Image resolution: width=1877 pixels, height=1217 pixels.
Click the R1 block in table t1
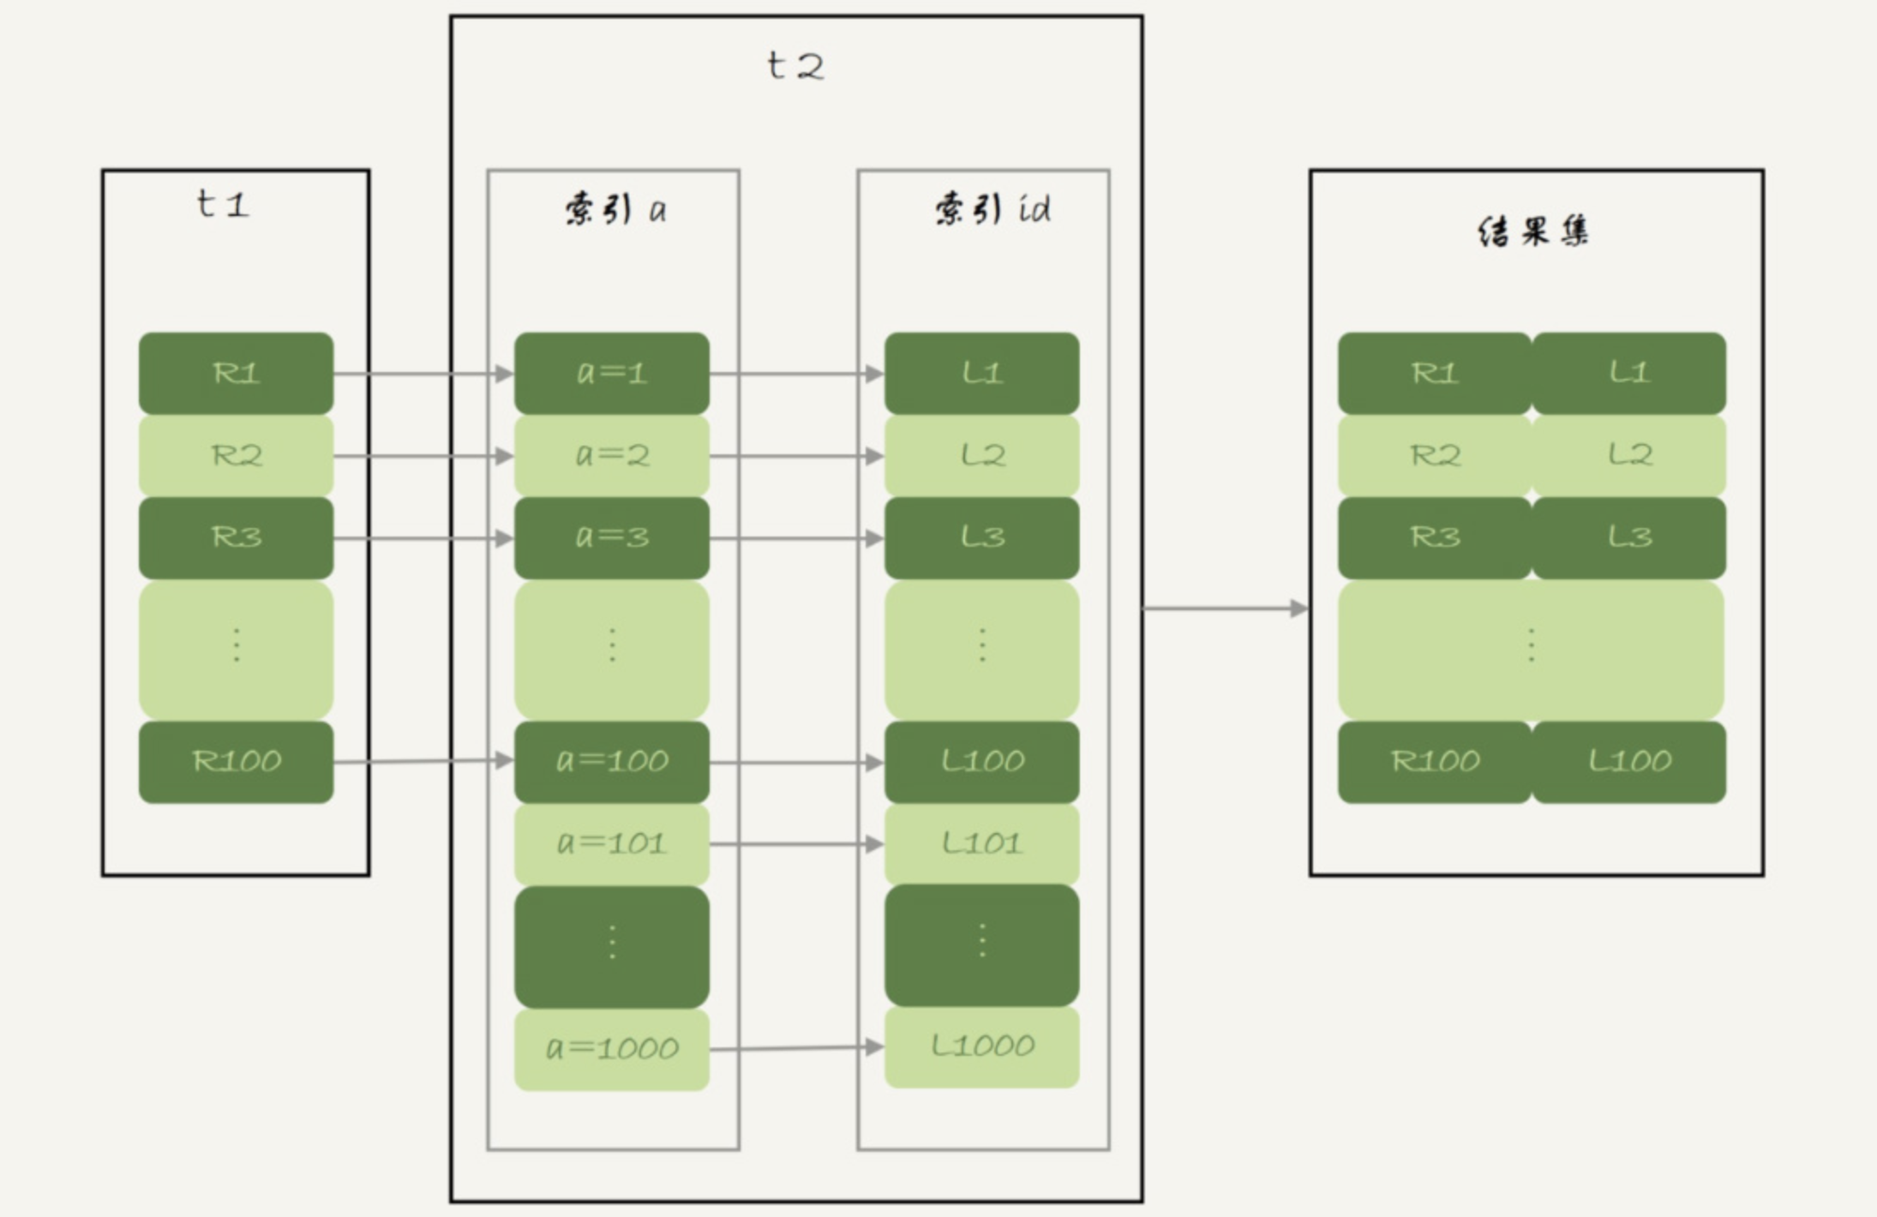[236, 374]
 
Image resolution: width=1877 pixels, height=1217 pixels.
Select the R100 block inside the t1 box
[236, 762]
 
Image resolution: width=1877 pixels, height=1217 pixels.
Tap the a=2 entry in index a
[612, 455]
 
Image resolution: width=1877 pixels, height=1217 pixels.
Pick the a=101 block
[612, 844]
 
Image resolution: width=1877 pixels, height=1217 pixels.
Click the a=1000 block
[612, 1049]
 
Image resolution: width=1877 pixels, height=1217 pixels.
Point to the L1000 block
[982, 1046]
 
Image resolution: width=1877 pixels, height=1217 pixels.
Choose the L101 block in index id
[982, 844]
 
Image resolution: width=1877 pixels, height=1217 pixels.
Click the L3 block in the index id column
[982, 537]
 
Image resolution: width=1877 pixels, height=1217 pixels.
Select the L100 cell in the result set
[1629, 762]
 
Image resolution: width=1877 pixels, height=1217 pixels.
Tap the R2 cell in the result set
[1435, 455]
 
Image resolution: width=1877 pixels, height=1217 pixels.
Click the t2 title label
[795, 66]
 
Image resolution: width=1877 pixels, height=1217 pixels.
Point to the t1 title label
[223, 204]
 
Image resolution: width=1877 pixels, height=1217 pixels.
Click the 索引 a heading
[615, 209]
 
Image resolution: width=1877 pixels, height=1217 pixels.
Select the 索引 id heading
[992, 209]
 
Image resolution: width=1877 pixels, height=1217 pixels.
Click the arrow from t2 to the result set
[1226, 608]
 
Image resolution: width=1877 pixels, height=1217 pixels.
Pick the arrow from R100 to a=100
[423, 761]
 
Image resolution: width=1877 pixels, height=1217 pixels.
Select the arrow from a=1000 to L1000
[797, 1048]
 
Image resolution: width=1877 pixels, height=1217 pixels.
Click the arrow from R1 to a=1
[423, 374]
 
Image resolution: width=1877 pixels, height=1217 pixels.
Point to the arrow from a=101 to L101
[797, 844]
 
